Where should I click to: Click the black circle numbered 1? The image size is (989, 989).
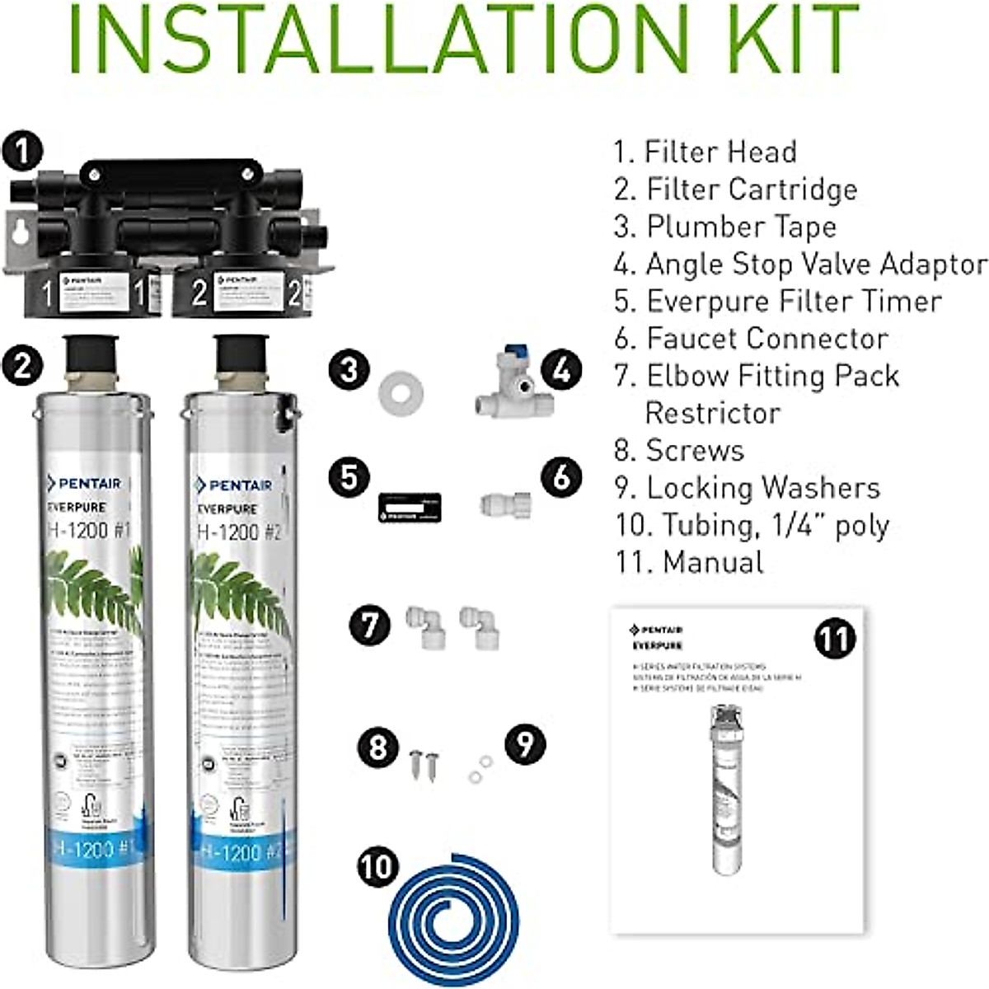pyautogui.click(x=21, y=150)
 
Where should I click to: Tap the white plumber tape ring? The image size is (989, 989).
pyautogui.click(x=401, y=391)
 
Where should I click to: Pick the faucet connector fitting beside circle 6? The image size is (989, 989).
pyautogui.click(x=505, y=504)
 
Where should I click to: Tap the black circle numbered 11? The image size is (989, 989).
pyautogui.click(x=834, y=639)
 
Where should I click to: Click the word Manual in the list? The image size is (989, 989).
pyautogui.click(x=713, y=562)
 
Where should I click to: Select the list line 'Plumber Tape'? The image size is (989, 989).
pyautogui.click(x=725, y=227)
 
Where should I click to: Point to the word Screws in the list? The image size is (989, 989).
pyautogui.click(x=695, y=450)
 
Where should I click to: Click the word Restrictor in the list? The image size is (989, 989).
pyautogui.click(x=712, y=413)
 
